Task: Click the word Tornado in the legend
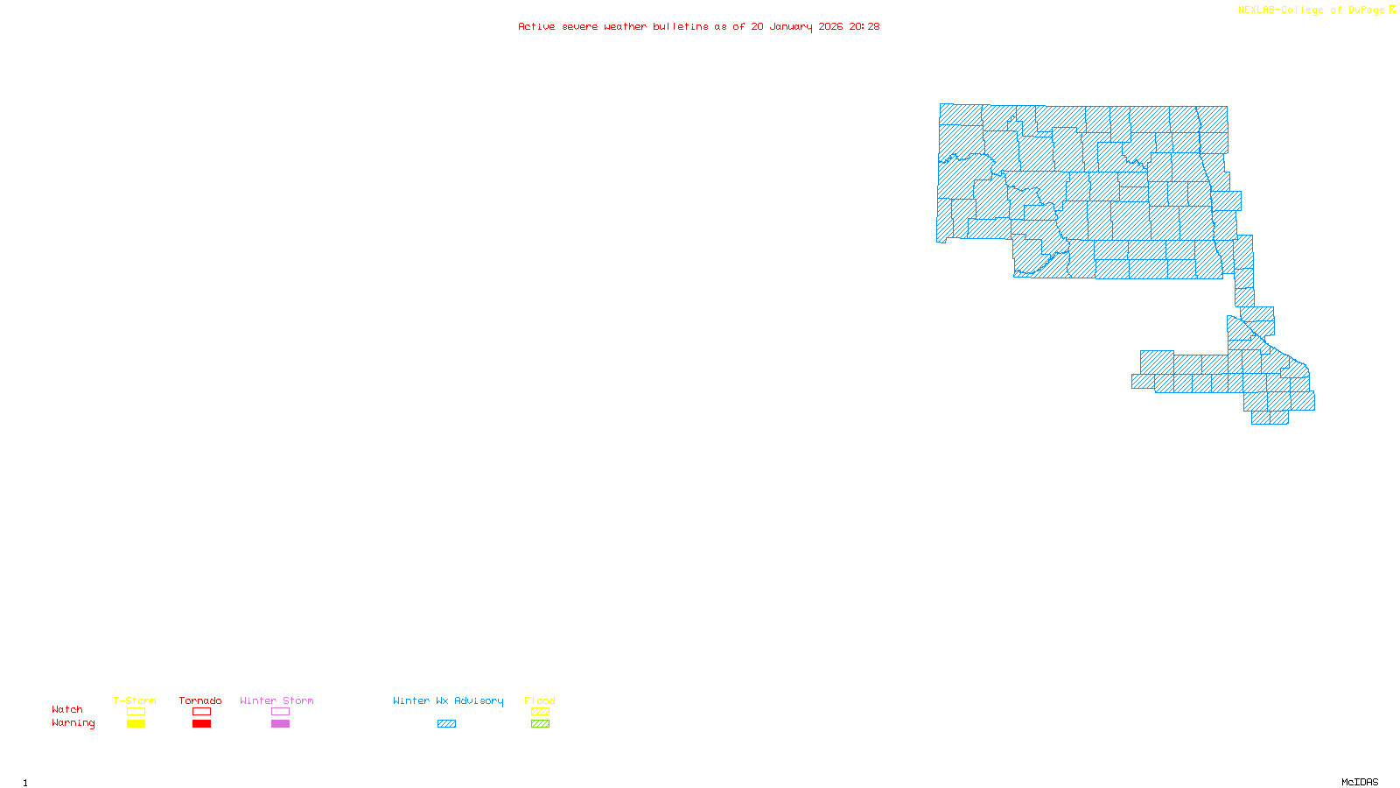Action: point(200,700)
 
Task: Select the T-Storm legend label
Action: point(135,700)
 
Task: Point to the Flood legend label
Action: point(540,700)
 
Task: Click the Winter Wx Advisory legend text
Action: point(448,700)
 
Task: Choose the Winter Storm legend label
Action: point(276,700)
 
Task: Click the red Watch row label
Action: point(67,709)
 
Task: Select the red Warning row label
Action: point(73,723)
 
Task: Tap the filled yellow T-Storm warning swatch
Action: point(136,724)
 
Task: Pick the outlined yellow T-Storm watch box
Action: point(136,712)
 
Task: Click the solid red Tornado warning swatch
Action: point(201,724)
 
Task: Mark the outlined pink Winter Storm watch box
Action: point(280,712)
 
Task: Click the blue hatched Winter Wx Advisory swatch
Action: point(446,724)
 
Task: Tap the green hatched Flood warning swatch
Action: point(540,724)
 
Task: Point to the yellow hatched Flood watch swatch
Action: point(540,712)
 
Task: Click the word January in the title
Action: point(791,26)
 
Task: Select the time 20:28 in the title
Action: point(864,26)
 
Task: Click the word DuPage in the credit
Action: point(1366,11)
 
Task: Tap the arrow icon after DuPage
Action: point(1392,10)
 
